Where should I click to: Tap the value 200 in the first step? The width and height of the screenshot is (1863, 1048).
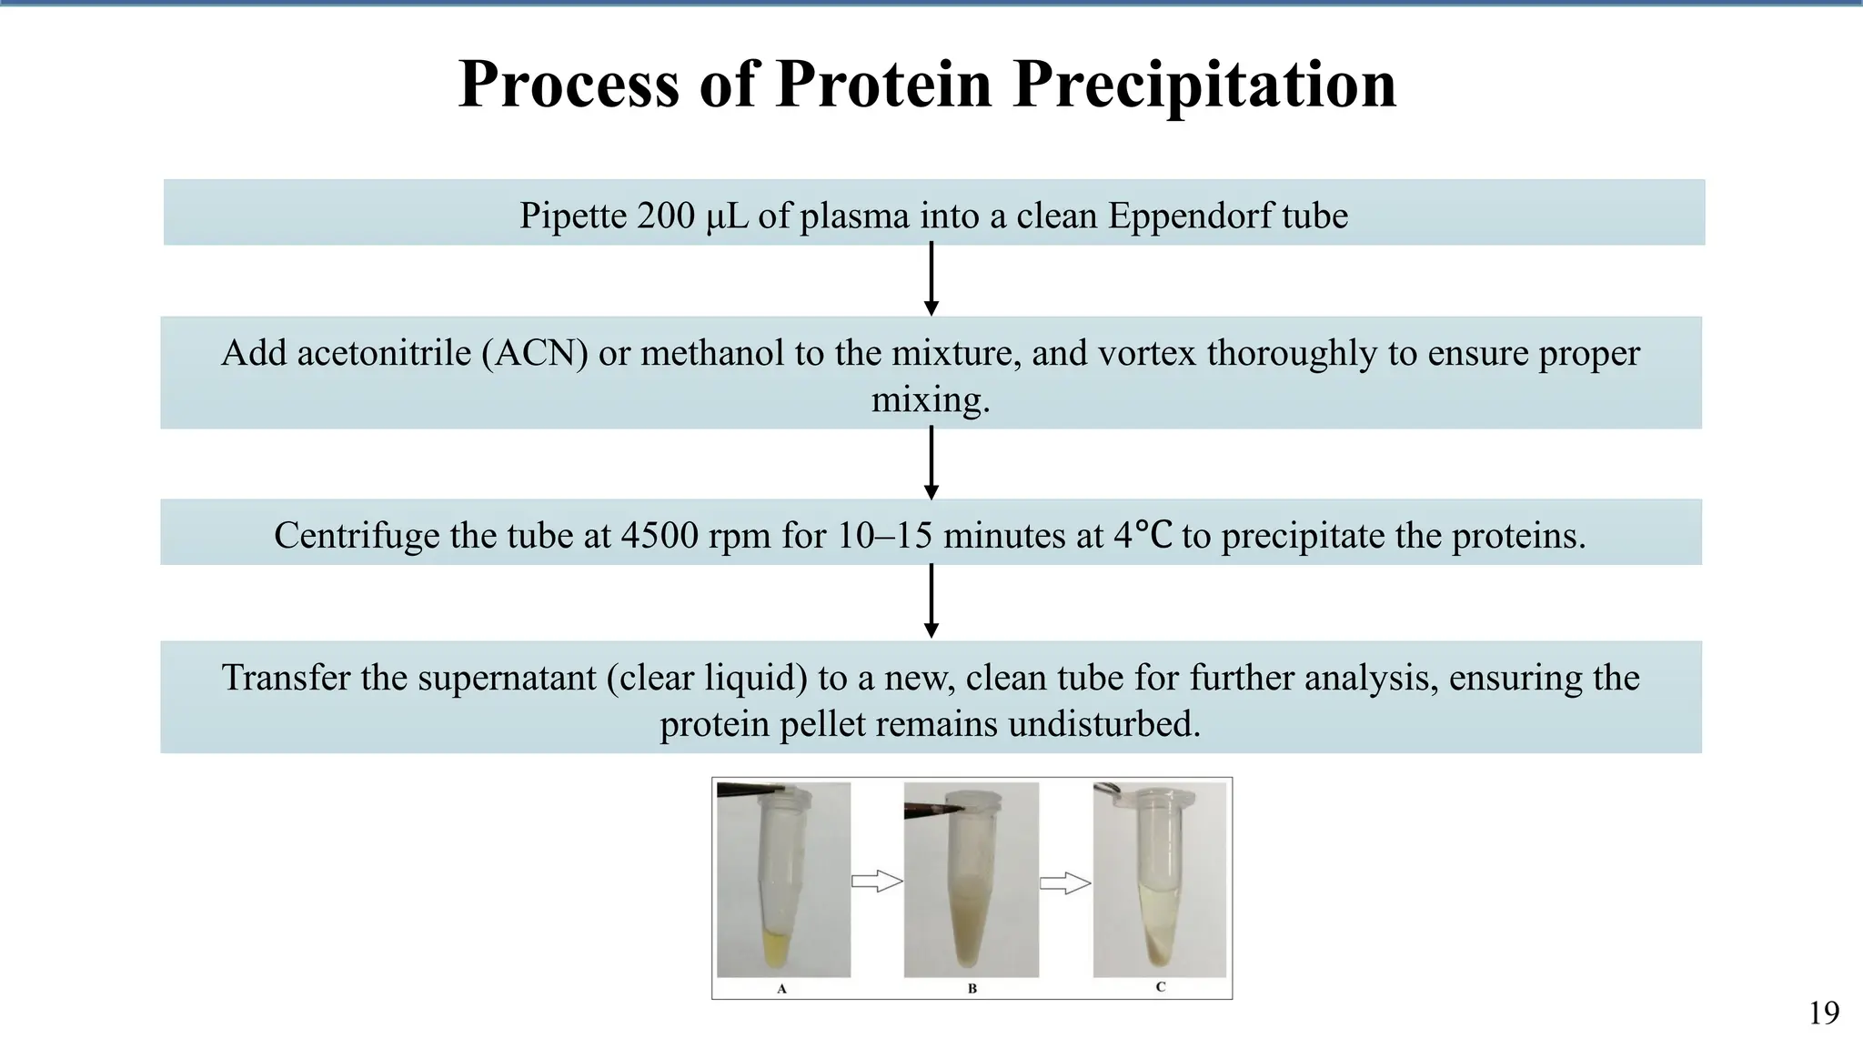pyautogui.click(x=666, y=216)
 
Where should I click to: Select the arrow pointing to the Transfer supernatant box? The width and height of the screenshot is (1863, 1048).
pyautogui.click(x=931, y=601)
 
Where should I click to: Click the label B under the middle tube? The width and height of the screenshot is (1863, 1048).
pyautogui.click(x=972, y=988)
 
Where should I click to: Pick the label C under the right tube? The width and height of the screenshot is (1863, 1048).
pyautogui.click(x=1160, y=987)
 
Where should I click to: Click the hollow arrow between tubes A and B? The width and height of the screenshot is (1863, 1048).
pyautogui.click(x=876, y=881)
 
